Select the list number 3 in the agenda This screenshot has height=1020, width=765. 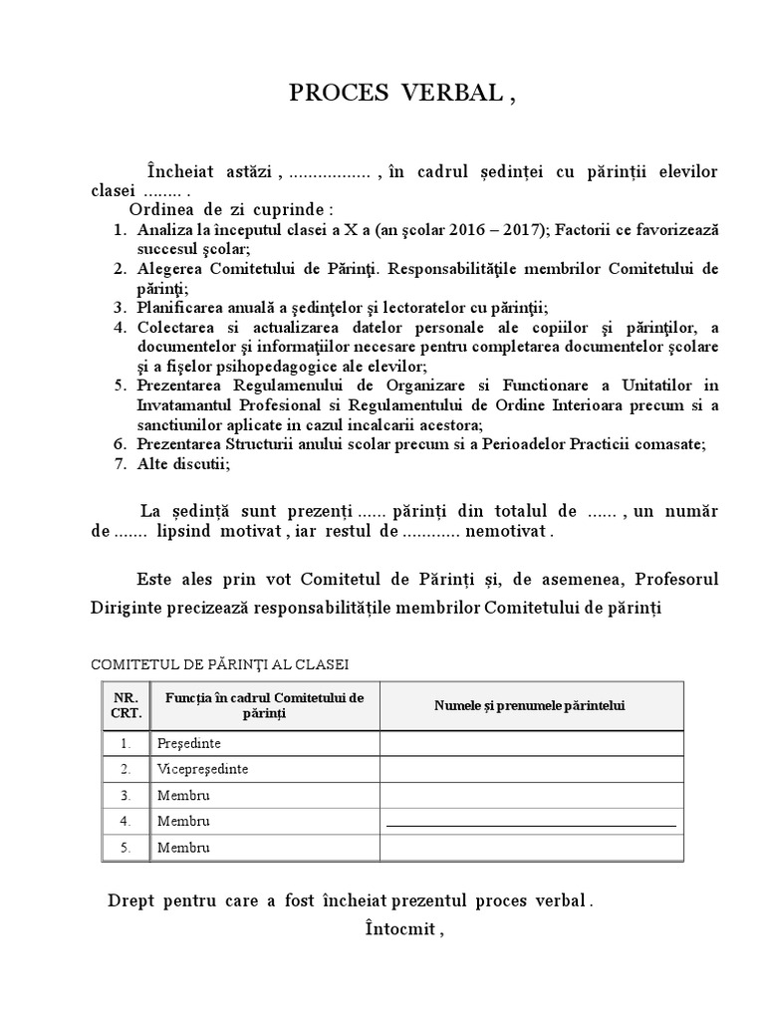(119, 307)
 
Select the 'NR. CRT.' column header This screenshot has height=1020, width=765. (127, 705)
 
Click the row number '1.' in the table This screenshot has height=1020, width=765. (126, 743)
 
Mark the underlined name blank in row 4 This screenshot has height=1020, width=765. (530, 824)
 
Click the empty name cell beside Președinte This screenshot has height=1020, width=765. (530, 743)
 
